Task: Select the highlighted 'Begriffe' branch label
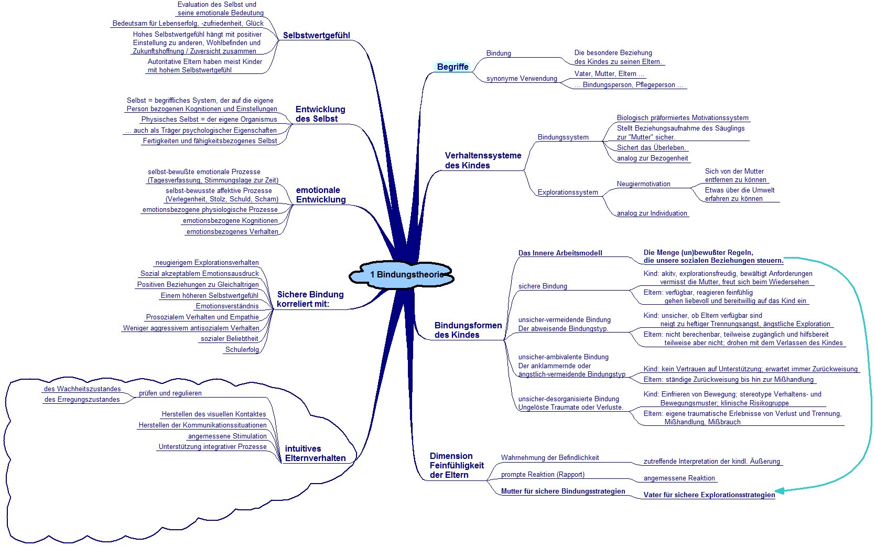[x=453, y=67]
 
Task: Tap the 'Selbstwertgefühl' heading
[x=317, y=35]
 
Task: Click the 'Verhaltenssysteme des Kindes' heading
[x=483, y=160]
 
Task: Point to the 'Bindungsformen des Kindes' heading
[x=468, y=330]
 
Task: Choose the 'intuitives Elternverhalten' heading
[x=315, y=453]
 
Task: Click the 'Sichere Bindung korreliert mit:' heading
[x=310, y=299]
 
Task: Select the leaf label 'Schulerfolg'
[x=242, y=349]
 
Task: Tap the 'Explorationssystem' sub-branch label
[x=568, y=192]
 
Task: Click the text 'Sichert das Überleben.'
[x=651, y=148]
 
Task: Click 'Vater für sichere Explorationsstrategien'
[x=709, y=495]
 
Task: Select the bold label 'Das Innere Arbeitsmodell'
[x=560, y=253]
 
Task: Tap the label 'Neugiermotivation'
[x=643, y=184]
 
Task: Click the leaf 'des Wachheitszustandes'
[x=82, y=389]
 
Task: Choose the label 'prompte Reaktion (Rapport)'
[x=543, y=475]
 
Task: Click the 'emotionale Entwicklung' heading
[x=321, y=195]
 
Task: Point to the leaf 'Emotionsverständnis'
[x=227, y=306]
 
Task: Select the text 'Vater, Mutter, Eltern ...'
[x=609, y=74]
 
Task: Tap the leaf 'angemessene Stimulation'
[x=227, y=436]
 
